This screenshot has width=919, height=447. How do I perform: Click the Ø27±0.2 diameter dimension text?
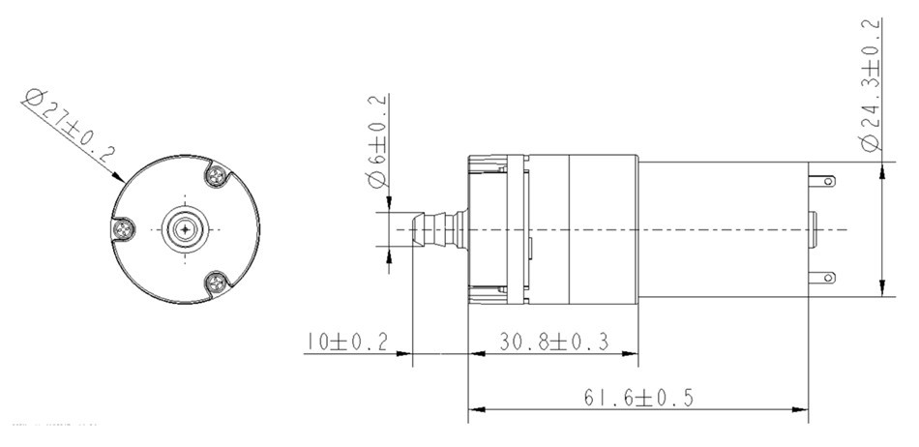[x=70, y=125]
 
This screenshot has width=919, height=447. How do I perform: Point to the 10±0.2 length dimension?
[x=344, y=343]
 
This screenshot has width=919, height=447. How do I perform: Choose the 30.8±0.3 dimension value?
[x=554, y=343]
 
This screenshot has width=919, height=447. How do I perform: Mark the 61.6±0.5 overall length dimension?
[x=638, y=397]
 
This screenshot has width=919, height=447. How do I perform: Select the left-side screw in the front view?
[x=123, y=229]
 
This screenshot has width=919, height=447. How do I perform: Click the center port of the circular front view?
[x=184, y=229]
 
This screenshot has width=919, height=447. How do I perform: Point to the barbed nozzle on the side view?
[x=435, y=230]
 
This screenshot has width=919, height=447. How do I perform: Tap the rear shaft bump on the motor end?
[x=815, y=229]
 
